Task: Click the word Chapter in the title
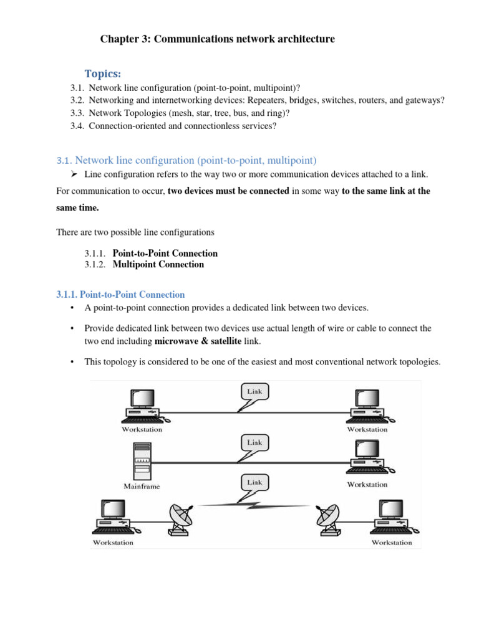[x=118, y=39]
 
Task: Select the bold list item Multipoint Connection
[x=158, y=264]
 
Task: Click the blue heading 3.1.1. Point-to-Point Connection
[x=120, y=294]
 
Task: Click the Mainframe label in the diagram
[x=142, y=486]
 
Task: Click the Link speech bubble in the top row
[x=254, y=392]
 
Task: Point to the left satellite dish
[x=180, y=518]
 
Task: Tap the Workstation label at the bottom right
[x=392, y=543]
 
